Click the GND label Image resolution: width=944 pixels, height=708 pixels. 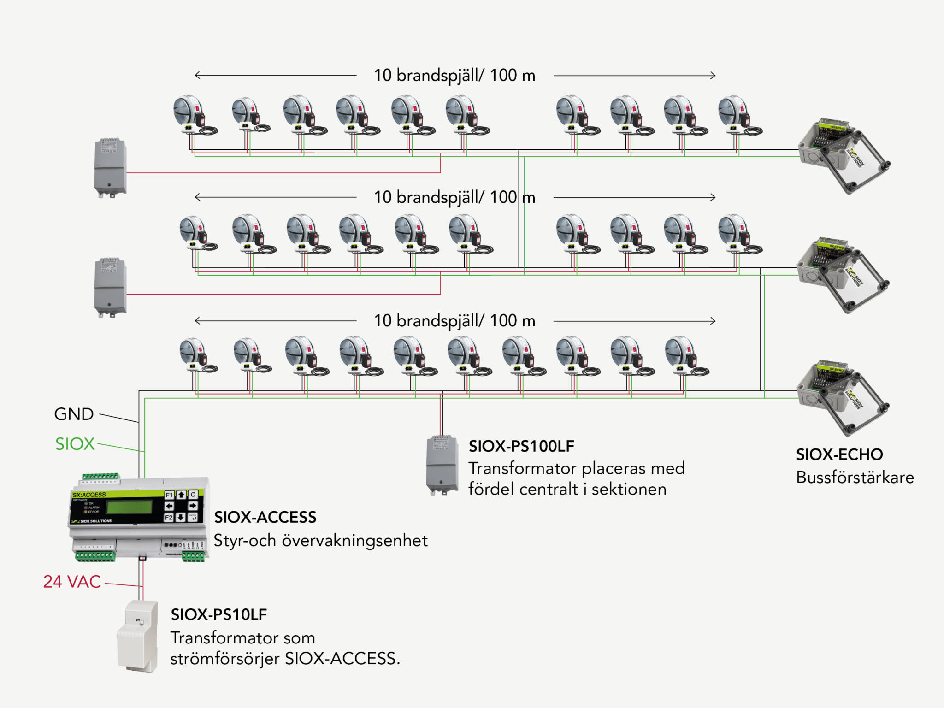pos(74,414)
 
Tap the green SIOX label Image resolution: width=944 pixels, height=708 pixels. pos(75,444)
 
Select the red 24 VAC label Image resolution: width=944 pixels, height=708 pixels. pos(72,582)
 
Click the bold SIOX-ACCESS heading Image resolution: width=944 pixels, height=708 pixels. pos(265,517)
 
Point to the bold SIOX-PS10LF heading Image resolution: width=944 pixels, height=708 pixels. pos(218,614)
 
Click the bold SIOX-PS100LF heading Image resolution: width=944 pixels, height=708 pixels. pos(521,446)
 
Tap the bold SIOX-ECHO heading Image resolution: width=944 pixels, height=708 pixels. pos(839,454)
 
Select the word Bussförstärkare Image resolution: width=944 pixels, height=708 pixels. pos(855,478)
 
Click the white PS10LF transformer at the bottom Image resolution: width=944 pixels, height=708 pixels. pos(138,636)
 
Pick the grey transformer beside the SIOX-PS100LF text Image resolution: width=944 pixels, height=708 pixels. pos(442,465)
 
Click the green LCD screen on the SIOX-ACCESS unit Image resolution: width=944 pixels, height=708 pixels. pos(129,507)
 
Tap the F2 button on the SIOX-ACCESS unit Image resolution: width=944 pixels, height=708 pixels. pos(169,518)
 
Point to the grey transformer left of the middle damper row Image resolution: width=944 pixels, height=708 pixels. pos(110,287)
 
